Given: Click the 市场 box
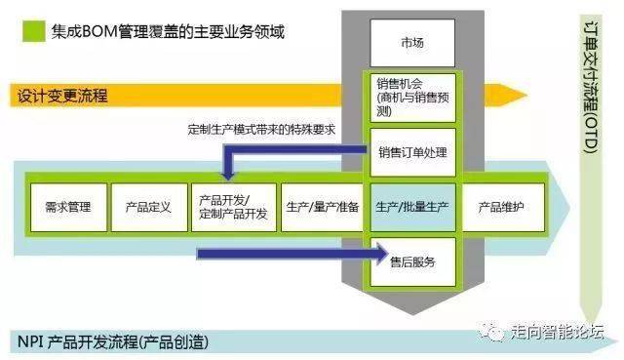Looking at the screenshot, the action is [412, 43].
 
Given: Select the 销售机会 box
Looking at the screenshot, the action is [412, 98].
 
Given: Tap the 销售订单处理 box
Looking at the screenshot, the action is [412, 152].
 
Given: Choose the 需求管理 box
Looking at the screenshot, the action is [68, 207].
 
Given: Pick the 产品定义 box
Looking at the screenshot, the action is [149, 207].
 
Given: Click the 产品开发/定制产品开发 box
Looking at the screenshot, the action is [234, 207].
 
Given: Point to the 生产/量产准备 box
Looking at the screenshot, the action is [323, 207].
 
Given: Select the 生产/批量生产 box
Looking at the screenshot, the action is [412, 207].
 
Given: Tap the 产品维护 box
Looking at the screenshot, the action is [503, 207].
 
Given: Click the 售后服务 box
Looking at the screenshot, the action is [412, 262].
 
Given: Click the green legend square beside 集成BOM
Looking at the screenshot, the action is [34, 31].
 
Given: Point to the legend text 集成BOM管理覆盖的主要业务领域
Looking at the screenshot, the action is [168, 31].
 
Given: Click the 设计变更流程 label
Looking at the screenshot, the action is [62, 96].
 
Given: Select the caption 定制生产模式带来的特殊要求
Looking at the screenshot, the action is [261, 130].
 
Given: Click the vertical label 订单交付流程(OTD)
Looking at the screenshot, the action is [591, 89].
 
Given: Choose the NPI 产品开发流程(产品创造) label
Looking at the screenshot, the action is [113, 342].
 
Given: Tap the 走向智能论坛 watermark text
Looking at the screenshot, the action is [557, 332].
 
